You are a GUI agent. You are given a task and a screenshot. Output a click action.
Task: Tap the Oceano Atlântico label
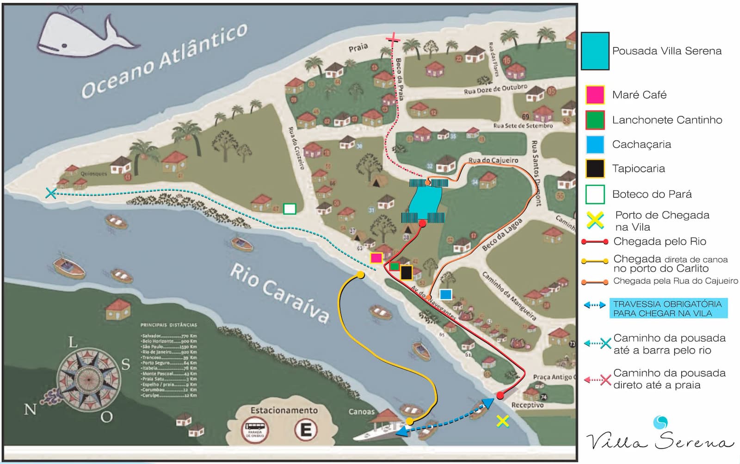coord(164,60)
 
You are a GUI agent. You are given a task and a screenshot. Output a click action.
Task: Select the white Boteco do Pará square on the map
coord(290,209)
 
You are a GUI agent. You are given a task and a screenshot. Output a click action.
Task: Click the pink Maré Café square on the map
coord(376,258)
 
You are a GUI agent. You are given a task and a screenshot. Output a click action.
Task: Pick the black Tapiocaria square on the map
coord(406,272)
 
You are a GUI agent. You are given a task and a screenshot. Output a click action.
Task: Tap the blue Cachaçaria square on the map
coord(445,294)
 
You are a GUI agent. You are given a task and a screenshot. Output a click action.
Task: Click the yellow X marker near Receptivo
coord(502,421)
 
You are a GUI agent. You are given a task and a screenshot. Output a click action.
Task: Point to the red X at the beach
coord(393,40)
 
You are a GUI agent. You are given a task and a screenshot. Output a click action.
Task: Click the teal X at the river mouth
coord(51,193)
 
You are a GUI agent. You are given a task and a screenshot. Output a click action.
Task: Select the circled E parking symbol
coord(306,430)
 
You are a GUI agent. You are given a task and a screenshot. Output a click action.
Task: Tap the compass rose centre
coord(87,378)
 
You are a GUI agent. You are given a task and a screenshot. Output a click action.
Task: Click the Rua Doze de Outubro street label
coord(495,89)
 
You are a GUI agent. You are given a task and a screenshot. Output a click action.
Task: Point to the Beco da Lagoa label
coord(502,235)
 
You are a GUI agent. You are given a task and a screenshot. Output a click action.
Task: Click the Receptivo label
coord(527,405)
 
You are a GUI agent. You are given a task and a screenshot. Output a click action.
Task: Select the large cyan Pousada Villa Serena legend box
coord(595,51)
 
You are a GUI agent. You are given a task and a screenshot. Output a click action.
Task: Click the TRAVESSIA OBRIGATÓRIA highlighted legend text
coord(668,309)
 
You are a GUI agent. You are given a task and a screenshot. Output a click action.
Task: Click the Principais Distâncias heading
coord(168,325)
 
